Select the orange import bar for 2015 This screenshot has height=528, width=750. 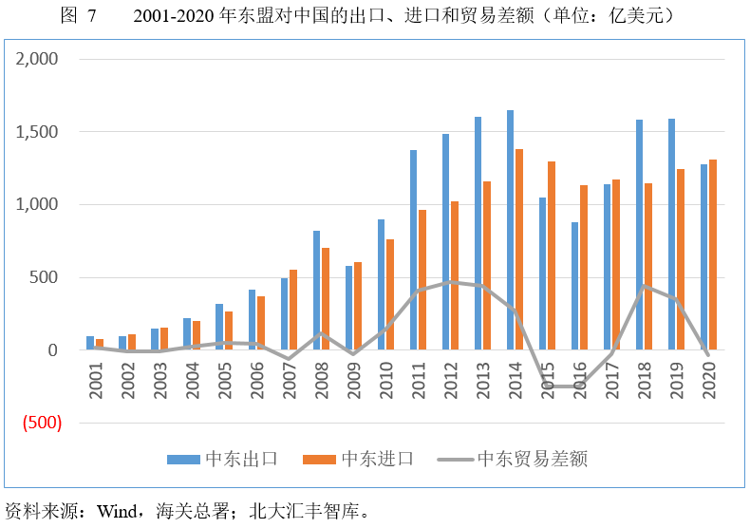tap(552, 255)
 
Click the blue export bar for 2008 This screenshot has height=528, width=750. tap(316, 291)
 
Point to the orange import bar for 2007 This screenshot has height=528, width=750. tap(293, 310)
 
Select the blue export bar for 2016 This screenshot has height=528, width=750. tap(574, 286)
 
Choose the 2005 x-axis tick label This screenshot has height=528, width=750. tap(225, 381)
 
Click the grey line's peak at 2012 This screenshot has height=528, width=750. tap(455, 282)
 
